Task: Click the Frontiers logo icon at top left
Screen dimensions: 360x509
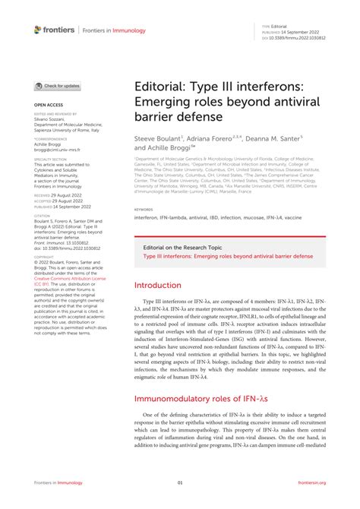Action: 39,30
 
